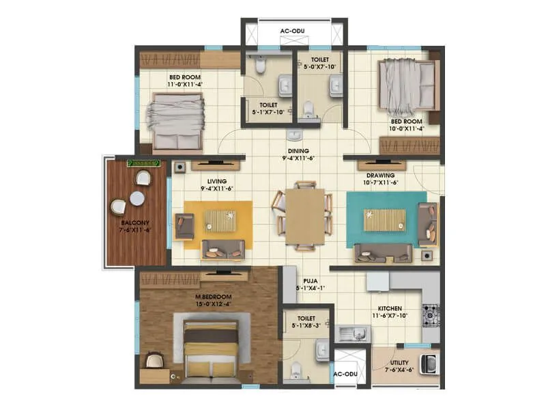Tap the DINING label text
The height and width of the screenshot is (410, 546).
(x=298, y=151)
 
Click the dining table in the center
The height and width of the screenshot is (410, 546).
(x=305, y=216)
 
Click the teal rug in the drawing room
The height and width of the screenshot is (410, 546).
(x=386, y=219)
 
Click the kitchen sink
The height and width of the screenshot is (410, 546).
(x=353, y=333)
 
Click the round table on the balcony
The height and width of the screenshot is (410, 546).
(x=137, y=198)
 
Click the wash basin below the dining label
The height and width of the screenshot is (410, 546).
(x=294, y=134)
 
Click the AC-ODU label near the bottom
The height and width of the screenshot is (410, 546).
(x=345, y=375)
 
